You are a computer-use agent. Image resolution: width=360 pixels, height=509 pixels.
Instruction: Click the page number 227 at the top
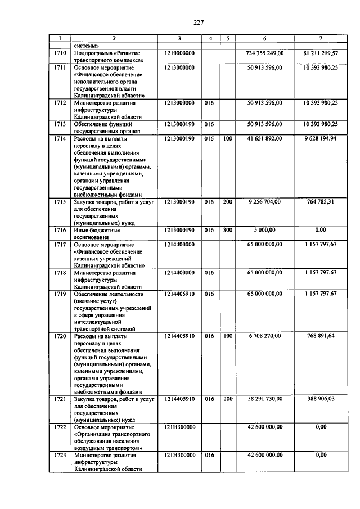click(x=198, y=22)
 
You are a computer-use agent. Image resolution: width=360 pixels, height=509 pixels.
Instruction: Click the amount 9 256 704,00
click(x=265, y=201)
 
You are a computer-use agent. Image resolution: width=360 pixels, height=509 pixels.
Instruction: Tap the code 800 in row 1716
click(x=227, y=230)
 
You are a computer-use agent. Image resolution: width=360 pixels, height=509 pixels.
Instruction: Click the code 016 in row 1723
click(x=210, y=455)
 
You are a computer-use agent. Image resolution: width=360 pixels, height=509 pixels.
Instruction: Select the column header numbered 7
click(x=320, y=38)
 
